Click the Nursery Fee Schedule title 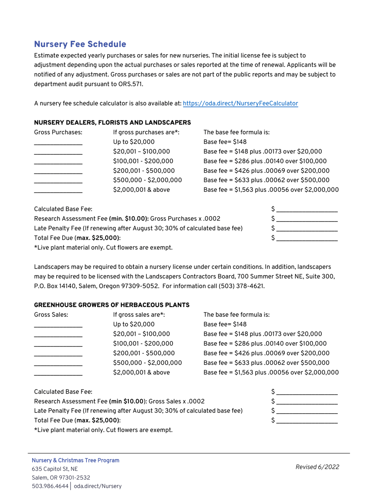click(x=80, y=44)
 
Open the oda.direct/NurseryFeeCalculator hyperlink click(x=240, y=103)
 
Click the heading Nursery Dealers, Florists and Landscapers click(x=112, y=122)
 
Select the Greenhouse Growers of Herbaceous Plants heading click(x=112, y=305)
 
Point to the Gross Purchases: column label click(x=58, y=133)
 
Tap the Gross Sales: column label click(x=51, y=315)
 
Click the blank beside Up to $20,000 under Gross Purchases click(x=58, y=143)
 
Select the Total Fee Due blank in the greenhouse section click(x=307, y=421)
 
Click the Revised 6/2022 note click(x=317, y=467)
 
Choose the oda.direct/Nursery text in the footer click(x=97, y=486)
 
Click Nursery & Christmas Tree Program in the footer click(x=76, y=461)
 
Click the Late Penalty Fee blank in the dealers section click(x=307, y=229)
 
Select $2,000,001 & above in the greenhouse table click(x=141, y=372)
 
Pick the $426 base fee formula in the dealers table click(x=266, y=171)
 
